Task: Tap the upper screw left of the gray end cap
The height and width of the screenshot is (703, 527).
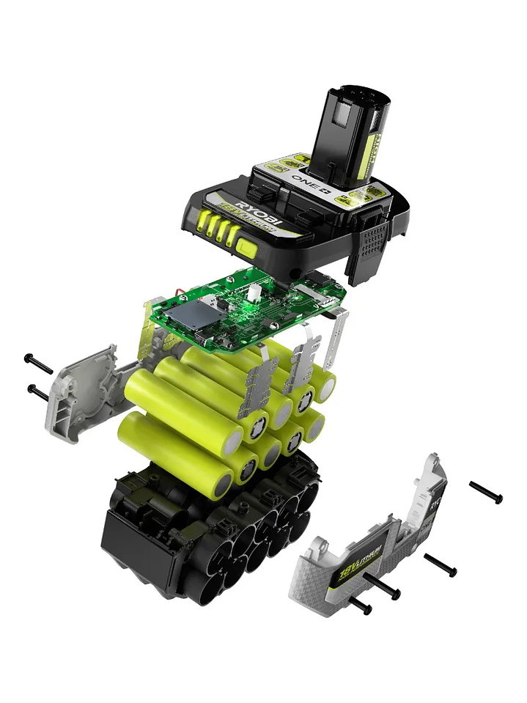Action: click(x=38, y=363)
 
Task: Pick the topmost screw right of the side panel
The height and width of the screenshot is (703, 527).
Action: click(x=486, y=492)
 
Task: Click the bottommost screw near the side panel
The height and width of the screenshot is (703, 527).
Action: click(x=359, y=606)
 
